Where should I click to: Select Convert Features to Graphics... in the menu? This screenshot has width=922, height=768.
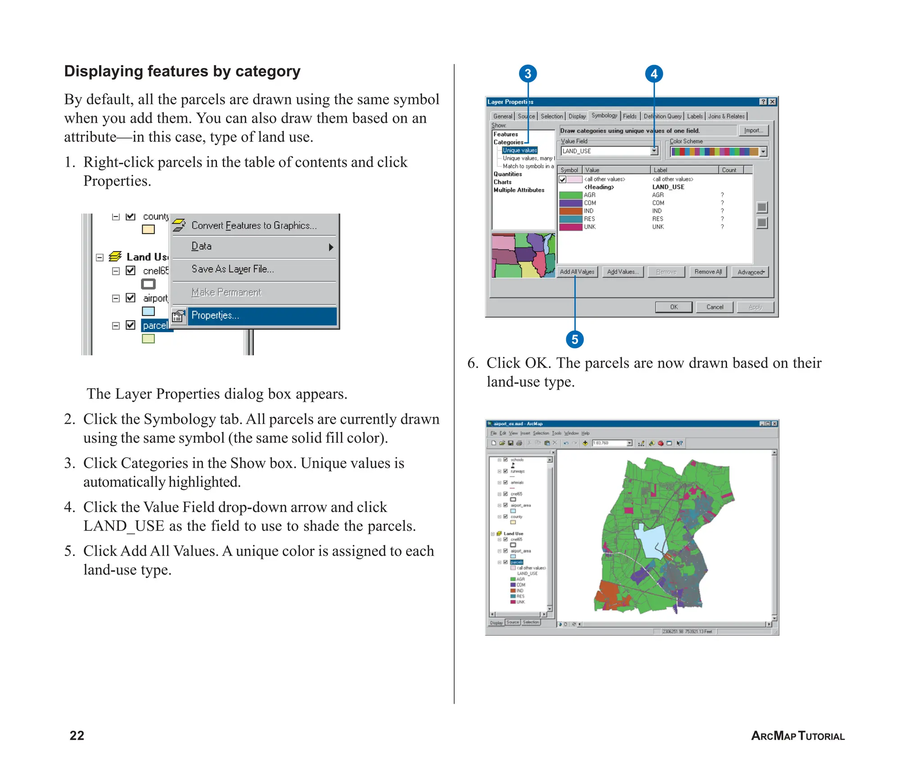click(x=254, y=225)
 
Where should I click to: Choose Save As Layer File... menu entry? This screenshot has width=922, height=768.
click(x=232, y=269)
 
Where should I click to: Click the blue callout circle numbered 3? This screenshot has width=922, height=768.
click(x=528, y=74)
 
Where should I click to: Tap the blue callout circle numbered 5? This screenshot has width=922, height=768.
click(x=574, y=339)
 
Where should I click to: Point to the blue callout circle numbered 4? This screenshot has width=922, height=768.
click(x=654, y=74)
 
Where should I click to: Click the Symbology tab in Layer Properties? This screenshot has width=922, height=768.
click(x=604, y=116)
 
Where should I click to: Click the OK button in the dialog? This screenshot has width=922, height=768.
click(x=673, y=307)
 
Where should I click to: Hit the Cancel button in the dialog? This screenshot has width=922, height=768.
click(x=714, y=307)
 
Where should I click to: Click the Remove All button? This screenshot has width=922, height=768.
click(x=708, y=272)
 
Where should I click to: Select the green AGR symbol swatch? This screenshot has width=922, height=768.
click(x=570, y=195)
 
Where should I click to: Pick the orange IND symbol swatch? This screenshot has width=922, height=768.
click(x=570, y=211)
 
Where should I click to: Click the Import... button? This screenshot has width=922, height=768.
click(x=753, y=130)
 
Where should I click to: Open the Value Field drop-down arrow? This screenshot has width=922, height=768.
click(x=654, y=151)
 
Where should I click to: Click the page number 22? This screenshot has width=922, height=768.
click(x=77, y=735)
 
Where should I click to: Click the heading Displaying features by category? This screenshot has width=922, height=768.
click(x=182, y=71)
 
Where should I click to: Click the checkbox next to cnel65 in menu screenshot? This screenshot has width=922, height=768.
click(x=131, y=270)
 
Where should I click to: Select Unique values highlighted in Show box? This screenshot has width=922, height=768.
click(x=520, y=150)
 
